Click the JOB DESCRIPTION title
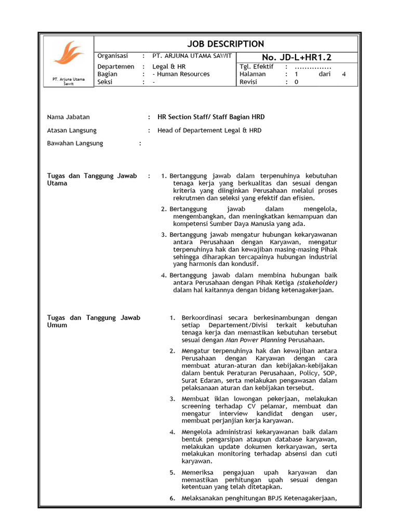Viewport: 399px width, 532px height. pos(225,44)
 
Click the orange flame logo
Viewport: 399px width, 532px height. pos(68,55)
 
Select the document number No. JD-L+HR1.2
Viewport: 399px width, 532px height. pos(297,57)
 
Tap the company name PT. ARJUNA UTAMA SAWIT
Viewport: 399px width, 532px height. pos(192,56)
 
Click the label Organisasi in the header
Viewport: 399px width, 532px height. pos(113,56)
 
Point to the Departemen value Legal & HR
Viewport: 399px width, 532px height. pos(169,66)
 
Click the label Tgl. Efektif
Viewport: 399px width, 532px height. pos(257,66)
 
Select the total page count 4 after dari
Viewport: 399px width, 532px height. pos(343,74)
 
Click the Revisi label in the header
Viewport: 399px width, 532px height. pos(248,82)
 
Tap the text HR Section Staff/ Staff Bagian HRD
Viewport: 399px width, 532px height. pos(211,117)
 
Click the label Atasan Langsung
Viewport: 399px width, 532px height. pos(72,130)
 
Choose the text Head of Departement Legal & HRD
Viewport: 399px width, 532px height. pos(209,130)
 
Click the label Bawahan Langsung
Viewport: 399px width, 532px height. pos(75,143)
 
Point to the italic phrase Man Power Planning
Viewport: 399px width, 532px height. pos(256,340)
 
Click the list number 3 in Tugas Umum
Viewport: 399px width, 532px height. pos(172,398)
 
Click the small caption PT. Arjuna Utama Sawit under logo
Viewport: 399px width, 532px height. pos(68,81)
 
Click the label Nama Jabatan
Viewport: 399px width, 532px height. pos(68,117)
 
